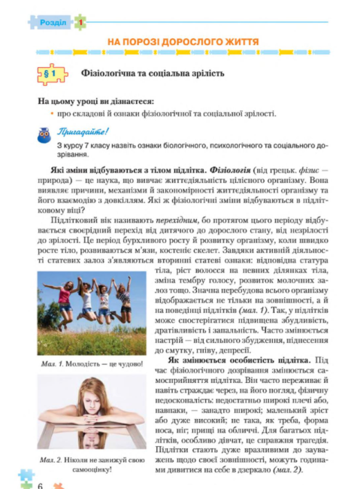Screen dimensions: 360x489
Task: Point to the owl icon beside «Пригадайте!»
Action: point(44,135)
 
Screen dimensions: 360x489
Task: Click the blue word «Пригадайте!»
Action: point(87,131)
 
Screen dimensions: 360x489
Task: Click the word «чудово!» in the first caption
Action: point(126,363)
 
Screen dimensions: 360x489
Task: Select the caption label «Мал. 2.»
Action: point(47,458)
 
